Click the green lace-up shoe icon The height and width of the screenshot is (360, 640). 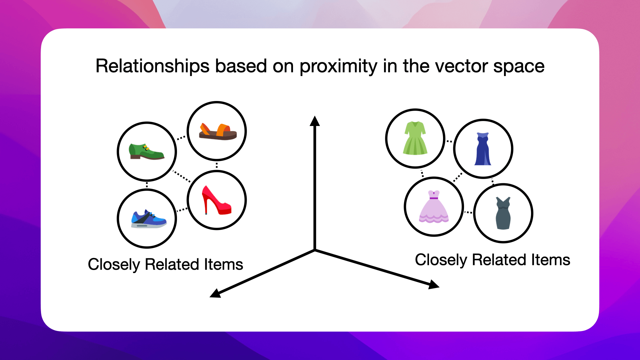pos(147,152)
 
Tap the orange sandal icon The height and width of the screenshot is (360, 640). pos(218,132)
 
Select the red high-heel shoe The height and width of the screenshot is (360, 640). pos(216,200)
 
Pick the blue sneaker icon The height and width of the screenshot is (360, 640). pos(148,219)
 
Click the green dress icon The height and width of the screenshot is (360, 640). pos(415,138)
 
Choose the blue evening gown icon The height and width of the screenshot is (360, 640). pos(483,149)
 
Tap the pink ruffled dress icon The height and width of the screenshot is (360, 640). pos(434,207)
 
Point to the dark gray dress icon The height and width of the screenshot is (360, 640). pos(503,213)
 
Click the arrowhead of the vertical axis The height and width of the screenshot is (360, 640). pos(315,121)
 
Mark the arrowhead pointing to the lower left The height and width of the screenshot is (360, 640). pos(215,293)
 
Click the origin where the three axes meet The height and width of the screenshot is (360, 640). pos(315,250)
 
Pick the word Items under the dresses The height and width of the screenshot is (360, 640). pos(550,260)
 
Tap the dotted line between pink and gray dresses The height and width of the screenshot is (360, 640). pos(468,212)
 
